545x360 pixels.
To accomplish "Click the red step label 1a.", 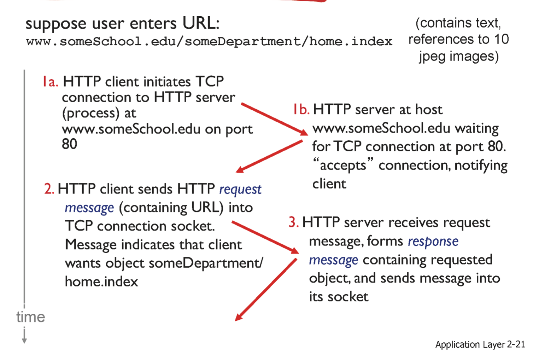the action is tap(51, 82).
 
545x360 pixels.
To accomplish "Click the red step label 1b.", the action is tap(301, 109).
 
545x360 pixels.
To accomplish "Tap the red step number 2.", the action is tap(49, 189).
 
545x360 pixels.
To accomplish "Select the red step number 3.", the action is tap(294, 222).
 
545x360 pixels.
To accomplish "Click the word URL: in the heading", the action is tap(201, 23).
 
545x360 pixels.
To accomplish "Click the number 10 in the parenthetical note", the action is tap(502, 40).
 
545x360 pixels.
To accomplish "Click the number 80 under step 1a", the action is tap(69, 144).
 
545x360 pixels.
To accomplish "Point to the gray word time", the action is tap(31, 317).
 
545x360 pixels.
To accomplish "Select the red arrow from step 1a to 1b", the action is tap(275, 119).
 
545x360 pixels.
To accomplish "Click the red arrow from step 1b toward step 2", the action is tap(269, 156).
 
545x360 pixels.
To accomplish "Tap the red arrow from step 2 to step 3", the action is tap(265, 237).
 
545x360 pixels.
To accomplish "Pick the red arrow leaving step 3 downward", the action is tap(266, 290).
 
